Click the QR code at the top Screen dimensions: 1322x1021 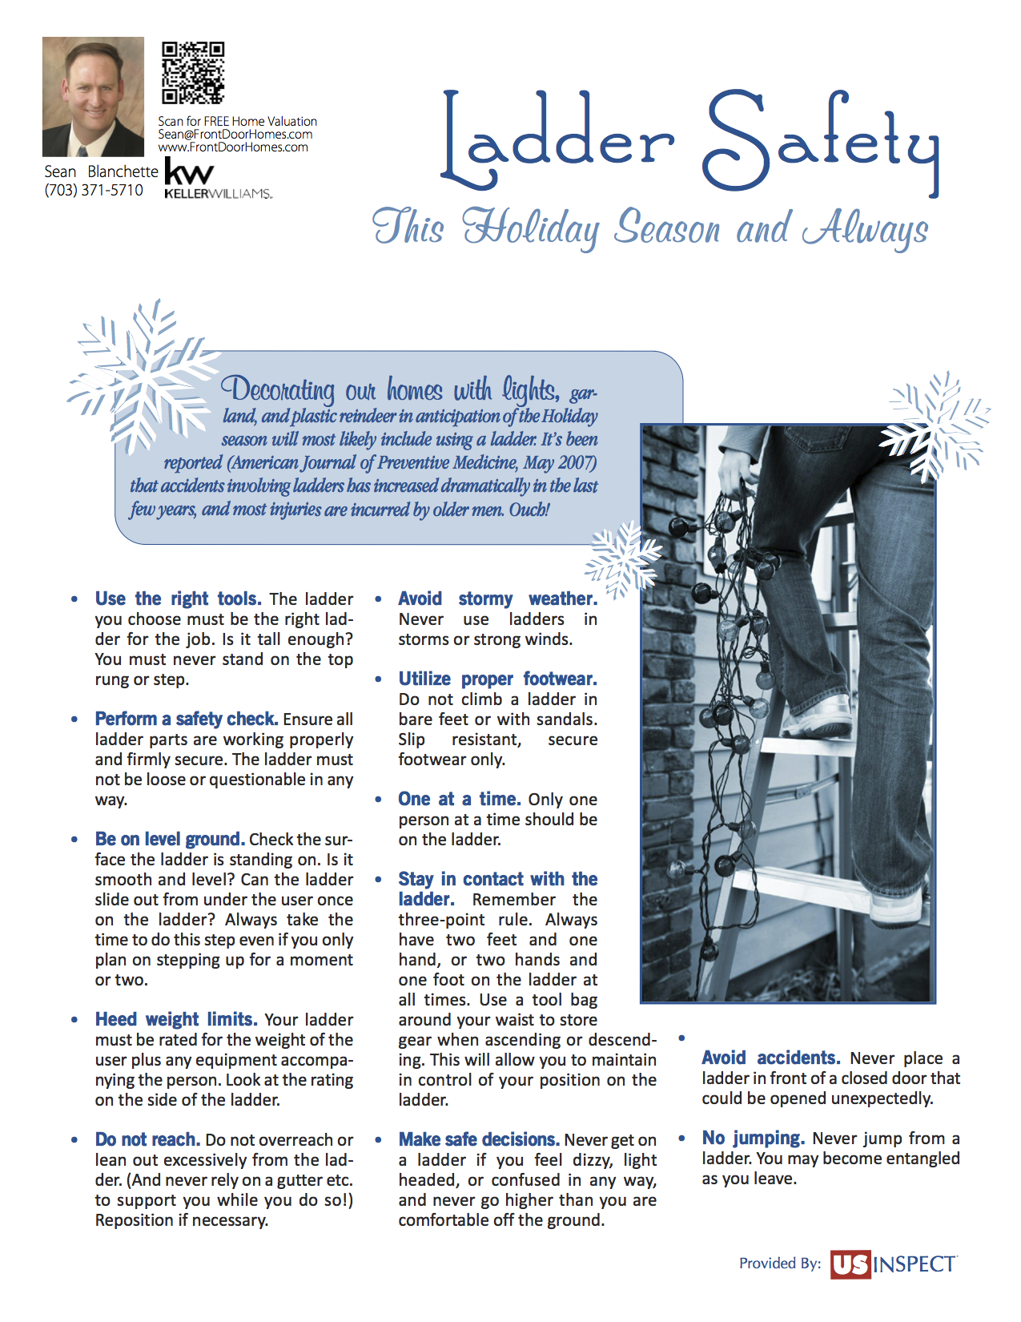(193, 73)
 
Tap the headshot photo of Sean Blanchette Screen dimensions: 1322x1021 (93, 96)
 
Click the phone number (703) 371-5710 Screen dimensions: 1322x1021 (94, 191)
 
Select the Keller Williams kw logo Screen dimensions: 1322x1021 (189, 171)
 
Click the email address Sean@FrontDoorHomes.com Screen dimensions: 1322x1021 (235, 135)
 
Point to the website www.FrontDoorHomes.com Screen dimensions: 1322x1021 (232, 147)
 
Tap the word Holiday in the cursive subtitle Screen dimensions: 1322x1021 (530, 228)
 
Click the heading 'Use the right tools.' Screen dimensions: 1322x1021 (178, 599)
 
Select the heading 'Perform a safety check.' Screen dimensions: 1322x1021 (186, 719)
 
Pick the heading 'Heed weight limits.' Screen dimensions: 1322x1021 (176, 1019)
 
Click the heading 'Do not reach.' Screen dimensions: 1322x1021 (147, 1139)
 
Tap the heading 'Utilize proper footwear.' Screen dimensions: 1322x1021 (497, 679)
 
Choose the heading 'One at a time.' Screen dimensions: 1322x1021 (459, 799)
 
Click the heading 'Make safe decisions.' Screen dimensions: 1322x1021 (479, 1139)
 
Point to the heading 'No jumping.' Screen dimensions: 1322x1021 (753, 1138)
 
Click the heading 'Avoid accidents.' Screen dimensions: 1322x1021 (770, 1058)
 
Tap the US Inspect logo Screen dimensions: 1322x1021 (894, 1264)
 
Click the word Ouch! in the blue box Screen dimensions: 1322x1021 (529, 510)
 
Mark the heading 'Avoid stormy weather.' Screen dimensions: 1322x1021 (497, 599)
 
